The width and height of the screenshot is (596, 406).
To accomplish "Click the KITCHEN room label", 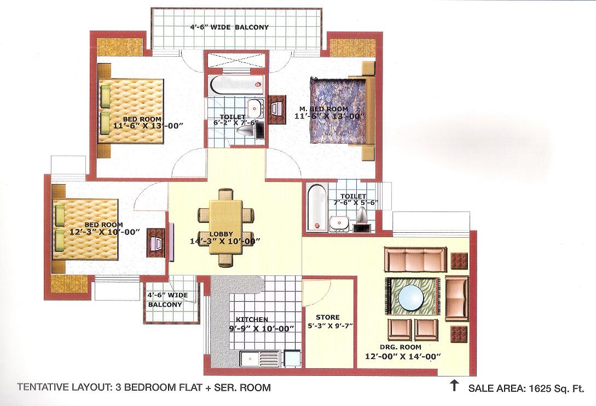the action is [x=251, y=320].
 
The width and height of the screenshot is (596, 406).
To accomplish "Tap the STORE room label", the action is [x=328, y=317].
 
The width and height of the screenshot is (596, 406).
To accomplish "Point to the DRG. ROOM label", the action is [x=401, y=347].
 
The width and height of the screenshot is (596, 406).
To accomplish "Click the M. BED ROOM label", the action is [x=329, y=109].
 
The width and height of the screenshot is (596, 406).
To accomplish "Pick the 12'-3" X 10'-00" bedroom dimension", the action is [x=103, y=232].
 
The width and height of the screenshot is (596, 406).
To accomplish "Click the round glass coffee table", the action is [x=411, y=297].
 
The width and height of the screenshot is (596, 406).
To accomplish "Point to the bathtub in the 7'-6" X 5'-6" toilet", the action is [x=317, y=207].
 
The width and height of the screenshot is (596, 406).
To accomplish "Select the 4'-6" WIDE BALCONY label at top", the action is [x=229, y=27].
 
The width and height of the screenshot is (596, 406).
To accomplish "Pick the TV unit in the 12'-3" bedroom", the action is [x=156, y=243].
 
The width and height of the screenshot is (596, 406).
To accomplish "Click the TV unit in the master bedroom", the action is [x=277, y=109].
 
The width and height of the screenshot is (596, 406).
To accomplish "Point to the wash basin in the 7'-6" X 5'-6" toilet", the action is [x=338, y=223].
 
